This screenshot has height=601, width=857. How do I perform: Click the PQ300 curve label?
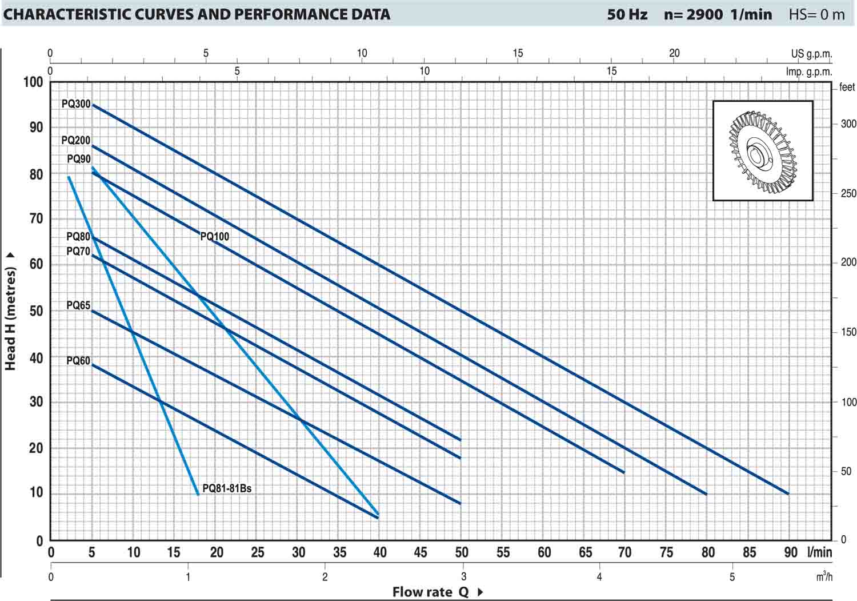coord(76,104)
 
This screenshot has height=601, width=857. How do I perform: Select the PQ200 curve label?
coord(76,140)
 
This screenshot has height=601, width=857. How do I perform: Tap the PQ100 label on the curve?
coord(215,236)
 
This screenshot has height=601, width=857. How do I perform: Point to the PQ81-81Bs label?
coord(227,488)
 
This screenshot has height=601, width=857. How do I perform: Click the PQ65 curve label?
coord(78,305)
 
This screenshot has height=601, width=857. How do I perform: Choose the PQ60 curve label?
coord(78,361)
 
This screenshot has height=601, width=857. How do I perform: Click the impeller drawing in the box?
coord(762,151)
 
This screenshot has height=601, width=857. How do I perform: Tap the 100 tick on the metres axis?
coord(33,82)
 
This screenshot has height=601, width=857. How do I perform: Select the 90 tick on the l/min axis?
coord(791,552)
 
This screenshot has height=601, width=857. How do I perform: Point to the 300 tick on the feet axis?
coord(848,124)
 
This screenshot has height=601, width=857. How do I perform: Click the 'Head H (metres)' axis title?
coord(10,312)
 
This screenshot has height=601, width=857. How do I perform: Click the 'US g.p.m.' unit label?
coord(811,54)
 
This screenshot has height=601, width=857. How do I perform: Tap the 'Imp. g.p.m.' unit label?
coord(809,71)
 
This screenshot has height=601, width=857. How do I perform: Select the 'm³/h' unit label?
coord(824,576)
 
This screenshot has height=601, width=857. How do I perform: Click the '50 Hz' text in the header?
coord(627,14)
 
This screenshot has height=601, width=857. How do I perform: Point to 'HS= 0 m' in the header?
coord(816,14)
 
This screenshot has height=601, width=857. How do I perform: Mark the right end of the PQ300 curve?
coord(788,493)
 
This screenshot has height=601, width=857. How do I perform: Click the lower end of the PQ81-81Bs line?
coord(198,494)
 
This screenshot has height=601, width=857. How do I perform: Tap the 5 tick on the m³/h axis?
coord(732,577)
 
